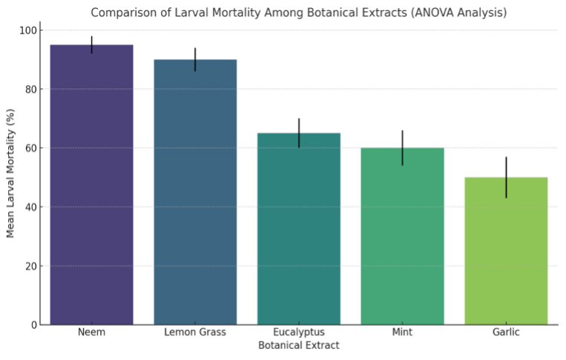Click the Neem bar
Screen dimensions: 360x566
tap(91, 186)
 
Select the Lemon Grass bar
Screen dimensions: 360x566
tap(195, 193)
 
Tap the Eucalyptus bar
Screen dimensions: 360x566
tap(299, 230)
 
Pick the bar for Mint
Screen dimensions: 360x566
tap(402, 238)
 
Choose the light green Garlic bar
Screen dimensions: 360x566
tap(506, 252)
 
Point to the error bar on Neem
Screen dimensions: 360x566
tap(91, 45)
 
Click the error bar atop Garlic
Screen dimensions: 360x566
tap(506, 177)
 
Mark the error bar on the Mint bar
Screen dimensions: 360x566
tap(402, 148)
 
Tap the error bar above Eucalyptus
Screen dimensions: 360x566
tap(299, 133)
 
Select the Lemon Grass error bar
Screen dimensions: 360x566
tap(195, 59)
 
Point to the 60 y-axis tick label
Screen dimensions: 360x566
tap(30, 148)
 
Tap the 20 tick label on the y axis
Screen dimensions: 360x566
tap(30, 266)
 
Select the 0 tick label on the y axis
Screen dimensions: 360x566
tap(33, 325)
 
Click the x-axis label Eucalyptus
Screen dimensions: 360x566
tap(299, 333)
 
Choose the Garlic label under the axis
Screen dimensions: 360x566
tap(506, 333)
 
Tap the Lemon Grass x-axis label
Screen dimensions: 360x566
tap(195, 333)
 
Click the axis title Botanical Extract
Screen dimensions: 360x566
tap(298, 346)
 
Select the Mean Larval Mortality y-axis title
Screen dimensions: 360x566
tap(11, 173)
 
